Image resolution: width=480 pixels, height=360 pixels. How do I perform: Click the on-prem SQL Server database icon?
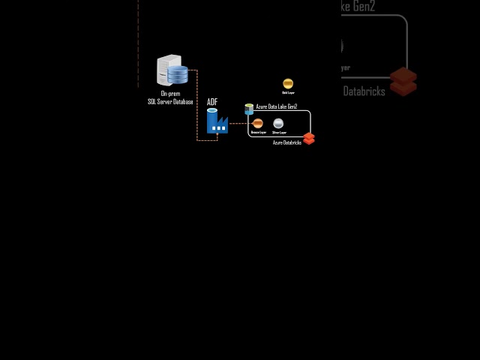[x=172, y=70]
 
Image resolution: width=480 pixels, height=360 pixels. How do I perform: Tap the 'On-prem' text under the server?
[x=170, y=94]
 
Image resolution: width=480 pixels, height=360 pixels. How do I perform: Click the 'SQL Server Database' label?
[x=170, y=101]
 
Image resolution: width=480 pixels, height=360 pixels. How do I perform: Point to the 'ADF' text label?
[x=212, y=102]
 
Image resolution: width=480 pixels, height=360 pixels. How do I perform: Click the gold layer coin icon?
[x=288, y=83]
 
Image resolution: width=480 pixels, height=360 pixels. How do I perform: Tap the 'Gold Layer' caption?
[x=288, y=93]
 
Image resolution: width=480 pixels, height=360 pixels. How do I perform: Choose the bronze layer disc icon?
[x=258, y=123]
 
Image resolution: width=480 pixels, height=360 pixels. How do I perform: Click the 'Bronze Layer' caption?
[x=258, y=132]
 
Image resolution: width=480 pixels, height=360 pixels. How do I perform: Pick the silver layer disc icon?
[x=278, y=123]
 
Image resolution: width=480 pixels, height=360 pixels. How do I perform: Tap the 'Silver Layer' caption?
[x=278, y=132]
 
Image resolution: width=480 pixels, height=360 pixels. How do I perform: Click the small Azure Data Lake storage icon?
[x=249, y=109]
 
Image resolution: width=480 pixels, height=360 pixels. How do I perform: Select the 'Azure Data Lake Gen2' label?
[x=277, y=107]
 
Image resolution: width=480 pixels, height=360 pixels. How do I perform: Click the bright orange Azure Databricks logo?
[x=308, y=138]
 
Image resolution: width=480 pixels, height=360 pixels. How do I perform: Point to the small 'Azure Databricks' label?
[x=286, y=142]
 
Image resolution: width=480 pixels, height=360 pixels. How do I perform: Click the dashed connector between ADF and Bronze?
[x=238, y=123]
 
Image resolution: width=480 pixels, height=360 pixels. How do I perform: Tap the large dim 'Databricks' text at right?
[x=364, y=91]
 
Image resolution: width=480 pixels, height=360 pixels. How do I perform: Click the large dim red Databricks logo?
[x=403, y=81]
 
